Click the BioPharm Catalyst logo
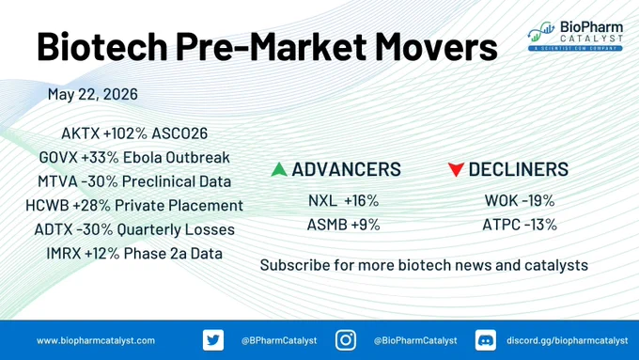point(575,36)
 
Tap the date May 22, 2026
point(92,94)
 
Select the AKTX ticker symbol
point(80,133)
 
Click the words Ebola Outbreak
point(176,157)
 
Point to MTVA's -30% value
point(100,181)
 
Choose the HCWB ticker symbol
point(47,205)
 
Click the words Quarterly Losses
point(176,229)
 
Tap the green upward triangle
point(279,169)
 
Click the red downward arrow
point(456,169)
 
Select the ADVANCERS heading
point(347,169)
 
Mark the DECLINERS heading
point(519,169)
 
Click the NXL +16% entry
point(344,200)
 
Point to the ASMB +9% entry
point(344,225)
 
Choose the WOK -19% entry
point(520,200)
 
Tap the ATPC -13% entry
point(520,225)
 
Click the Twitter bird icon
point(213,340)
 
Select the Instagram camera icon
point(346,340)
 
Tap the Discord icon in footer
point(486,340)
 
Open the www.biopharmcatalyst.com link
point(96,340)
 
